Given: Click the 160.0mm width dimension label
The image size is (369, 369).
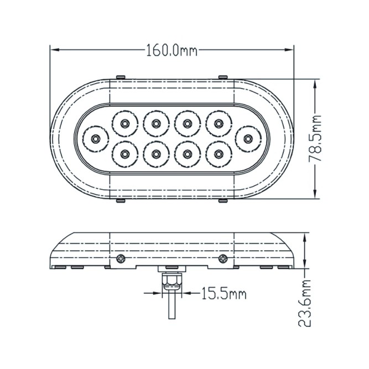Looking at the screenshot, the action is [x=172, y=50].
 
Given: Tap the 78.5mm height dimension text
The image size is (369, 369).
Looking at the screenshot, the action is [x=315, y=138].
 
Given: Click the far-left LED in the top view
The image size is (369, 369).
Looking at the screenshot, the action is [x=96, y=138].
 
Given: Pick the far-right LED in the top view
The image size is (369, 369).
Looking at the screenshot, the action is [x=248, y=139].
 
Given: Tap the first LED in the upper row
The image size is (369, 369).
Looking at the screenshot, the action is [x=124, y=123].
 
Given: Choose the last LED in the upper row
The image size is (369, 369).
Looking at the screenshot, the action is [x=219, y=123].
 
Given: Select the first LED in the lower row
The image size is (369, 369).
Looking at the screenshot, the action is [x=124, y=154].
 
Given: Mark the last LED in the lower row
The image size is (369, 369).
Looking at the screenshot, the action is [x=219, y=154].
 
